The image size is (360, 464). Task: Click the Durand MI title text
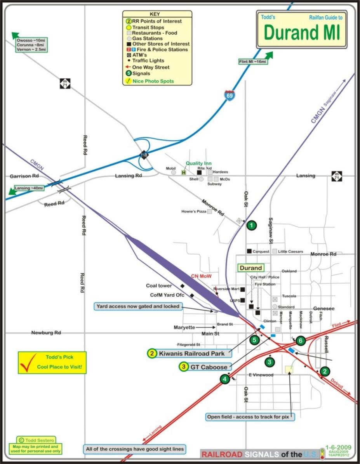click(x=302, y=33)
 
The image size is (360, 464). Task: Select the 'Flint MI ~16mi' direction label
click(x=252, y=62)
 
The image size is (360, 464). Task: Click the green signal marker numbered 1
click(x=252, y=225)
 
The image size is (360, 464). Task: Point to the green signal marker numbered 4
click(x=224, y=379)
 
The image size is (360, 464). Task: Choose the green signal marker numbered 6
click(x=300, y=341)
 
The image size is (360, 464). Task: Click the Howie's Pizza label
click(x=194, y=212)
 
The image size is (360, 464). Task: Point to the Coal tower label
click(x=159, y=286)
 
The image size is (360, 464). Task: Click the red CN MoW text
click(x=201, y=276)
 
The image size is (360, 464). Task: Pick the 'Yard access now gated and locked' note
click(x=138, y=306)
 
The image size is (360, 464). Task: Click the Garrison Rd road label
click(x=24, y=176)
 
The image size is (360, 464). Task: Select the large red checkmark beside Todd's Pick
click(x=28, y=362)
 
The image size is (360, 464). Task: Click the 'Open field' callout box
click(x=250, y=417)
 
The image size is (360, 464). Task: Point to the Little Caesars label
click(x=290, y=252)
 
